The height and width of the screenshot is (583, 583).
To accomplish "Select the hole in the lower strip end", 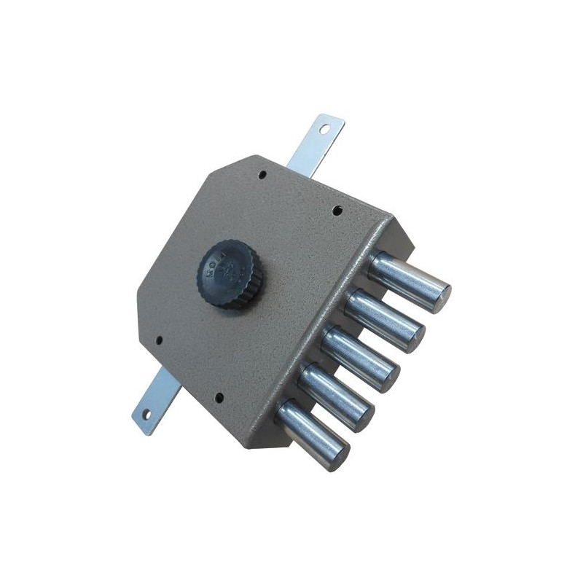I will (x=145, y=415).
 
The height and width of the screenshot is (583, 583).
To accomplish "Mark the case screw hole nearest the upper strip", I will (x=263, y=174).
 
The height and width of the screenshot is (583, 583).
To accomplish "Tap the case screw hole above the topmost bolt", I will (x=337, y=211).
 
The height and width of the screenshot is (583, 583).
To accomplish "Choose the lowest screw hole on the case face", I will (x=219, y=398).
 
